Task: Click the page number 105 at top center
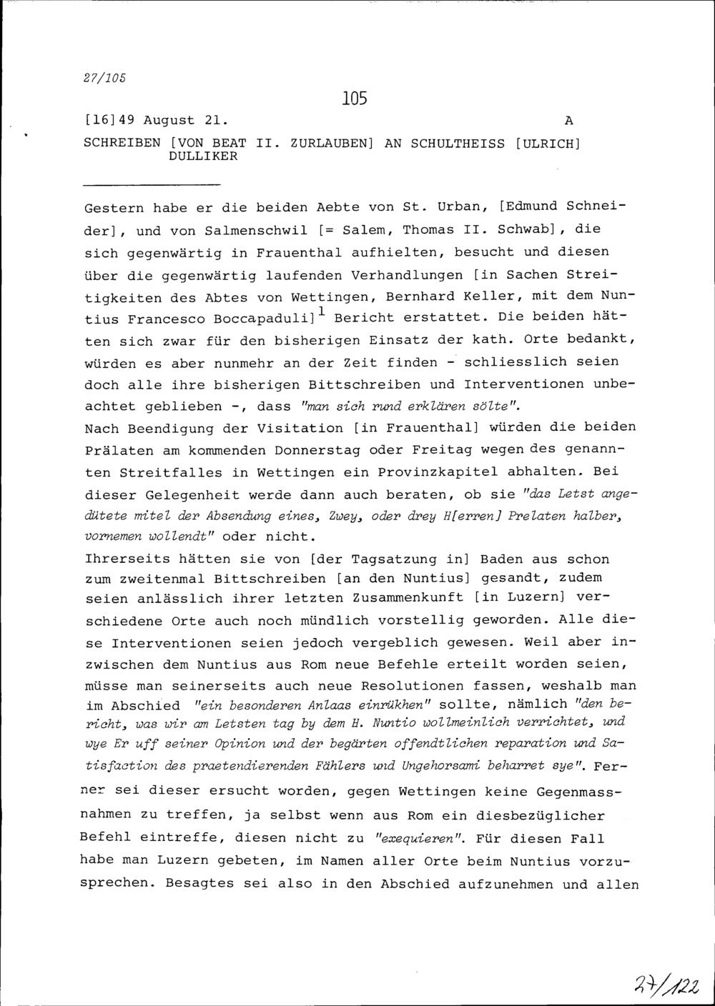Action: [355, 98]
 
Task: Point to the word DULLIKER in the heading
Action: [203, 156]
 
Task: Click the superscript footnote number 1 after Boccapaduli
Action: [323, 311]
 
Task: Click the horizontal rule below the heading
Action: [135, 184]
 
